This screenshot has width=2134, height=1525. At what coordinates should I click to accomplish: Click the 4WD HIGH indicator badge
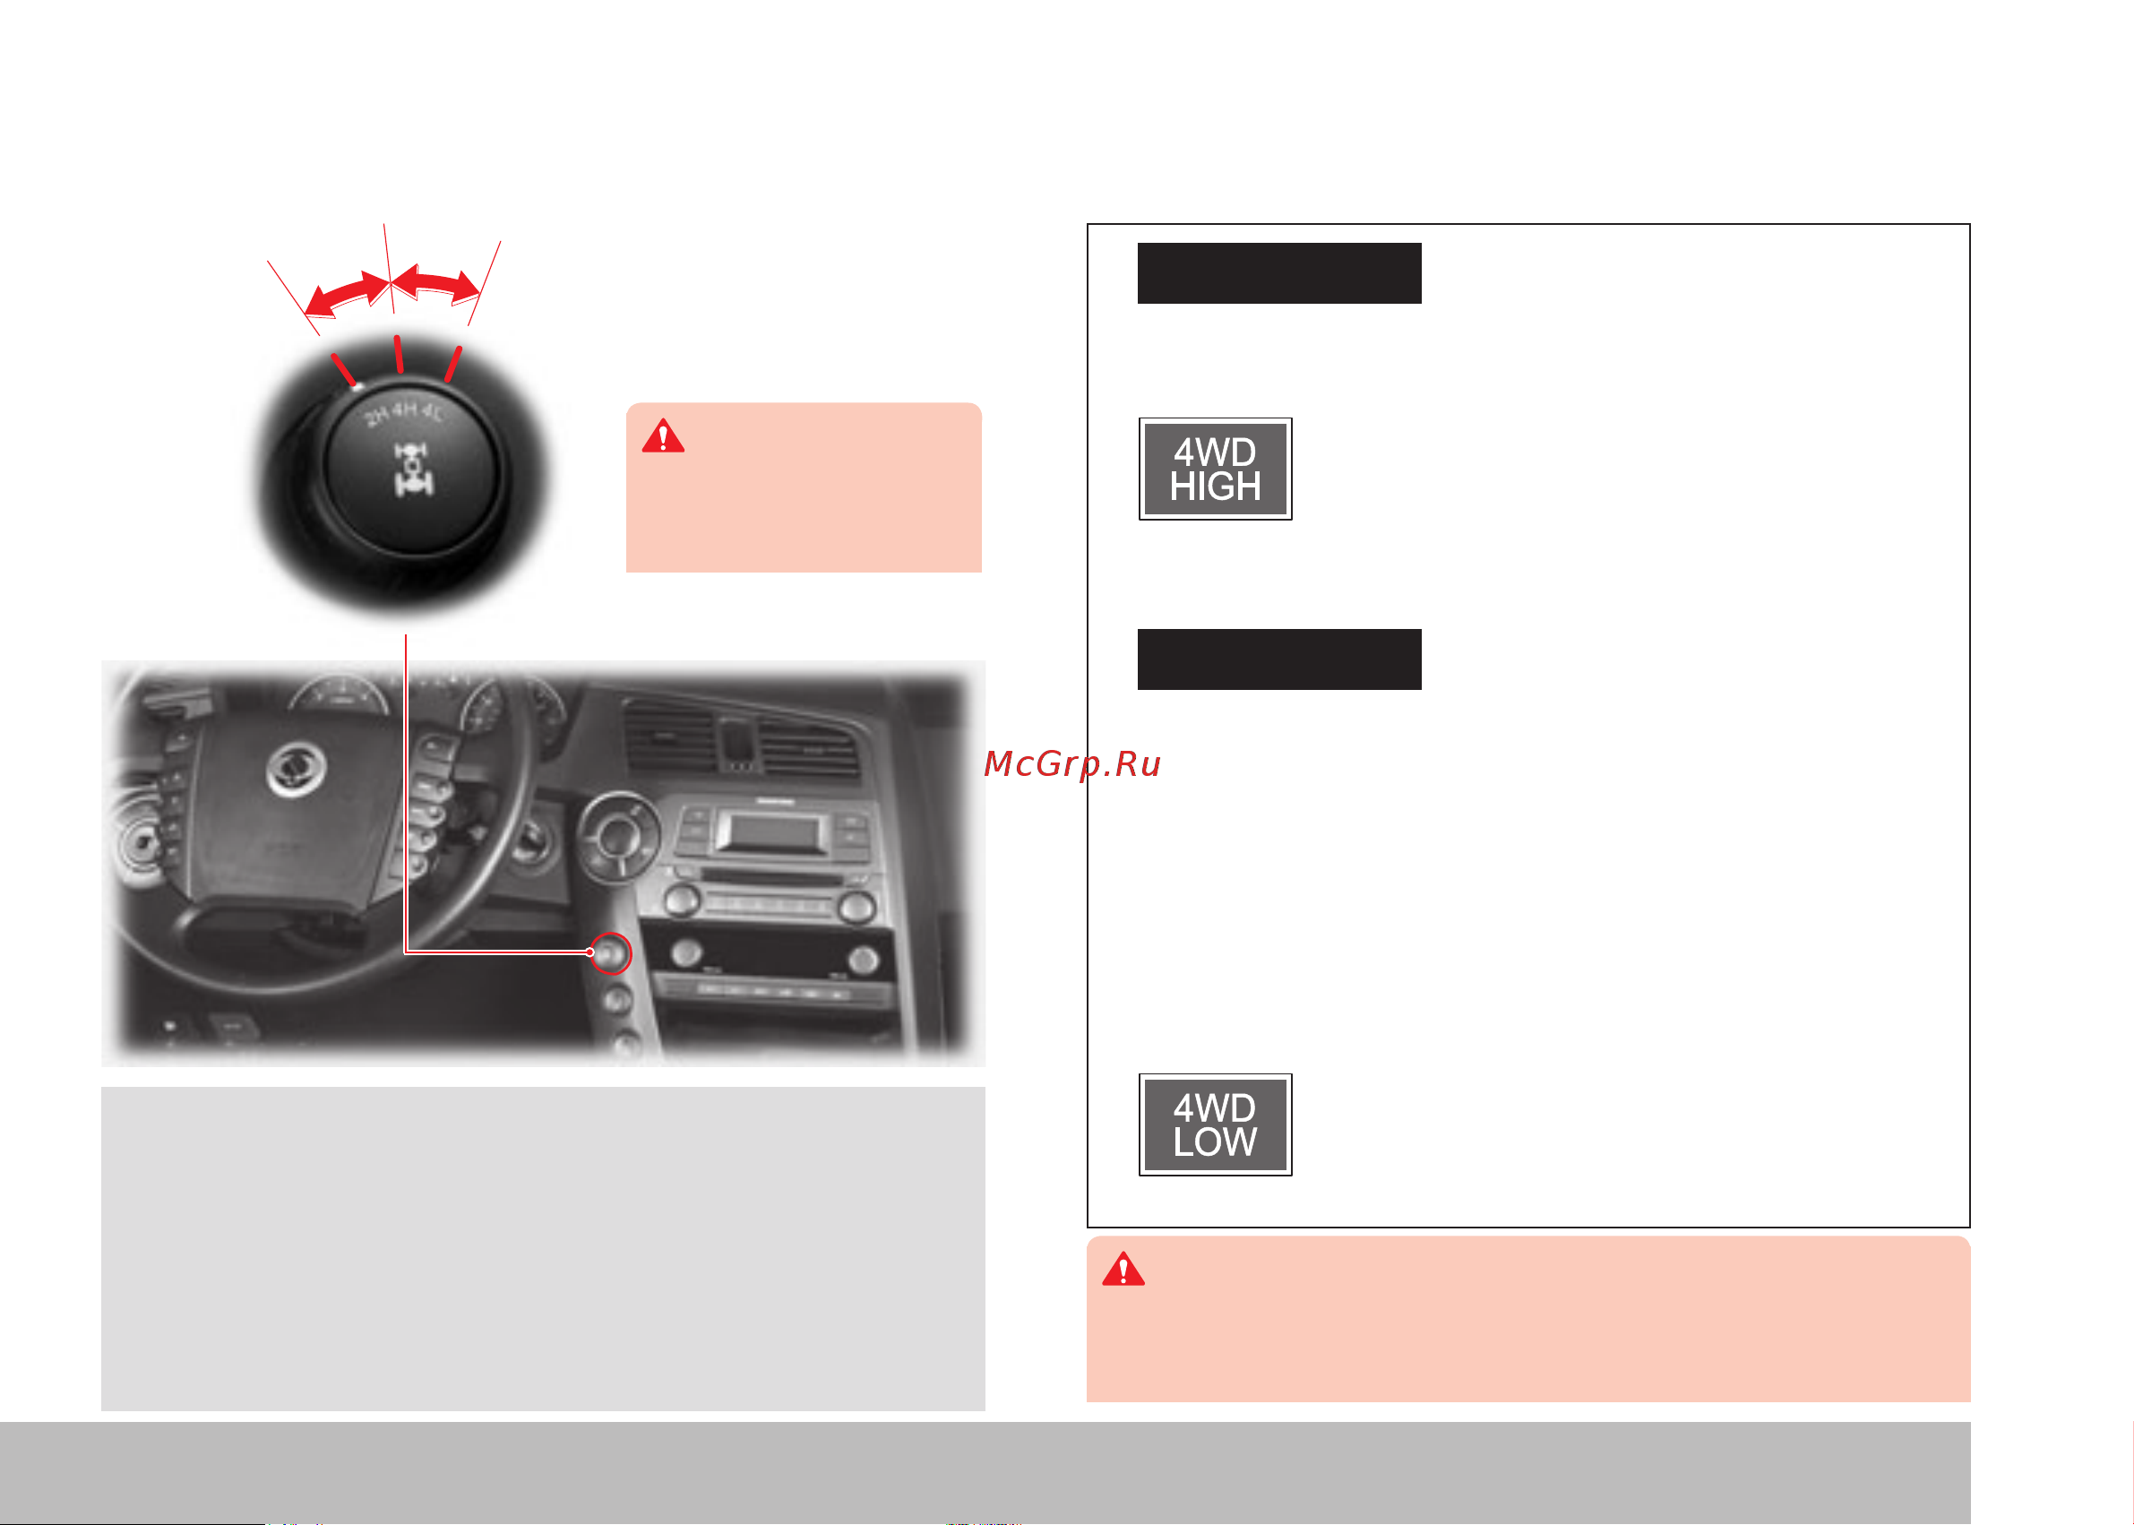pyautogui.click(x=1215, y=469)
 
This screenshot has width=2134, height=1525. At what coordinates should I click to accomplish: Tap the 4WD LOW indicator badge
pyautogui.click(x=1215, y=1124)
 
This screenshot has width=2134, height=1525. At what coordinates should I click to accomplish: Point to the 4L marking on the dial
pyautogui.click(x=434, y=412)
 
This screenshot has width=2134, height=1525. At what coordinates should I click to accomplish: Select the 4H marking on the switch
pyautogui.click(x=405, y=409)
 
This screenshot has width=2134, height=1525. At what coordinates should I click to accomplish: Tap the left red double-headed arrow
pyautogui.click(x=346, y=294)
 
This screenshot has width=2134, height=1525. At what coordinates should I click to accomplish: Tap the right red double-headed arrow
pyautogui.click(x=435, y=285)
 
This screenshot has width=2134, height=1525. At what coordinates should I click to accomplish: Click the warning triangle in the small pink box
pyautogui.click(x=663, y=435)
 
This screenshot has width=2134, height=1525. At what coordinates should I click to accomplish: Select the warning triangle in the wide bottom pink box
pyautogui.click(x=1123, y=1269)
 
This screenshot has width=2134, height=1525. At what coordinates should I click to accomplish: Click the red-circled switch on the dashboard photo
pyautogui.click(x=611, y=953)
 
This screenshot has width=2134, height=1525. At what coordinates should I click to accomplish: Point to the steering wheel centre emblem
pyautogui.click(x=296, y=767)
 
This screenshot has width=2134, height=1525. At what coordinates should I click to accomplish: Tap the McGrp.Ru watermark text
pyautogui.click(x=1072, y=765)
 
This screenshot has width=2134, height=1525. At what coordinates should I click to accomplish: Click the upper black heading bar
pyautogui.click(x=1278, y=273)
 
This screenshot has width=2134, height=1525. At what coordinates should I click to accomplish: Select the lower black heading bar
pyautogui.click(x=1278, y=659)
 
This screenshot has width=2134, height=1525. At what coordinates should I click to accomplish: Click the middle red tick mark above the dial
pyautogui.click(x=399, y=354)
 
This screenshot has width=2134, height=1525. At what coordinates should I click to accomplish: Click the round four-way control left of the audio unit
pyautogui.click(x=617, y=835)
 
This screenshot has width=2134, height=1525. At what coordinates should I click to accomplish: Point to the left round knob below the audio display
pyautogui.click(x=683, y=900)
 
